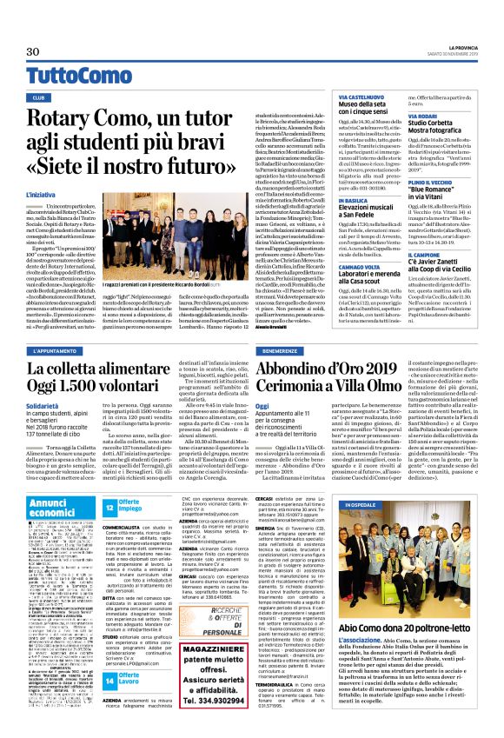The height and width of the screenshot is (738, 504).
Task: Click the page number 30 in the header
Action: coord(32,52)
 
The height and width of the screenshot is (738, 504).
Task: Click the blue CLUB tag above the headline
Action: coord(39,97)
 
